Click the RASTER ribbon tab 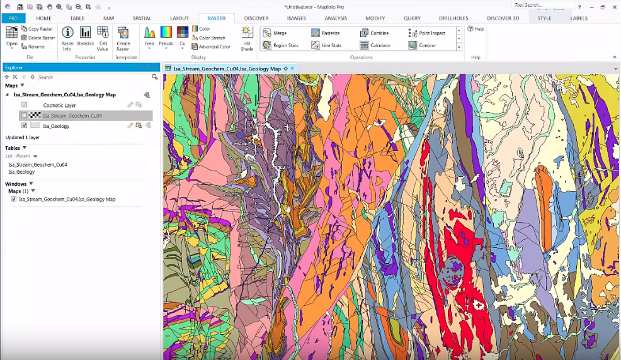pyautogui.click(x=216, y=18)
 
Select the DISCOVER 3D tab pyautogui.click(x=503, y=18)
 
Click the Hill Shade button pyautogui.click(x=247, y=38)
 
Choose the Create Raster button pyautogui.click(x=123, y=38)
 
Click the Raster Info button pyautogui.click(x=67, y=38)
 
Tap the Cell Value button pyautogui.click(x=103, y=38)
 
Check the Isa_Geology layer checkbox pyautogui.click(x=25, y=125)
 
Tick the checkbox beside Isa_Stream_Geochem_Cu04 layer pyautogui.click(x=25, y=115)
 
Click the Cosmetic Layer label pyautogui.click(x=59, y=105)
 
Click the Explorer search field pyautogui.click(x=93, y=77)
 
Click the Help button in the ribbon pyautogui.click(x=476, y=29)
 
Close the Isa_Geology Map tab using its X pyautogui.click(x=292, y=68)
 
